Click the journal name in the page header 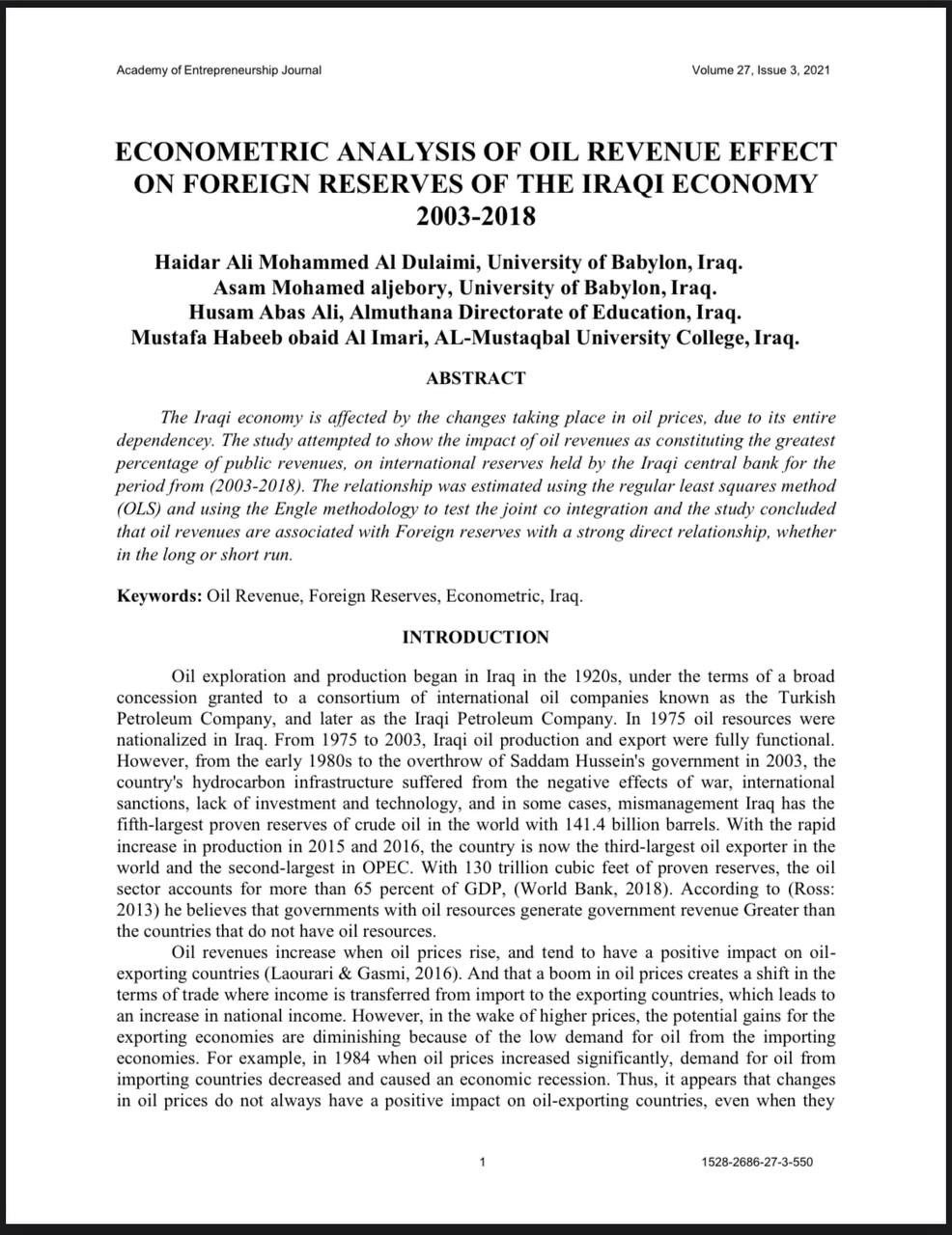tap(218, 70)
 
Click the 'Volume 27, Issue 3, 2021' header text tap(761, 70)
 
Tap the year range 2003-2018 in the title tap(475, 214)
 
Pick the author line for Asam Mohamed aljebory tap(333, 288)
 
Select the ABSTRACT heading tap(475, 378)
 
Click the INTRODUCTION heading tap(475, 638)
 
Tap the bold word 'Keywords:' tap(159, 596)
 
